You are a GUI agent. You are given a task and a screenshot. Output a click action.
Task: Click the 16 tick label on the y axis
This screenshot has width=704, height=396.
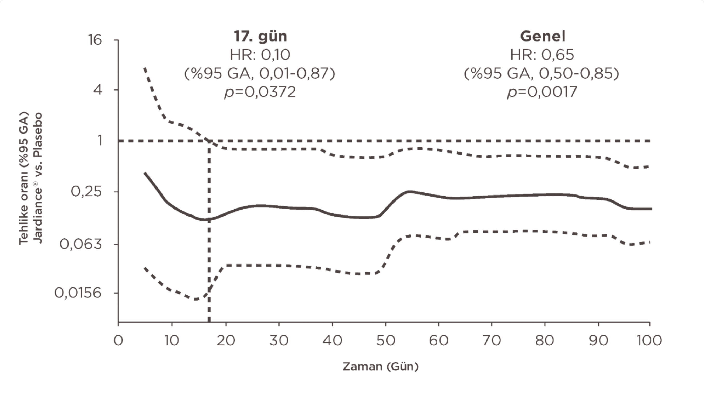point(94,40)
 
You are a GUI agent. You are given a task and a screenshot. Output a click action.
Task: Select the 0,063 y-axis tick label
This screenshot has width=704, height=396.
point(81,244)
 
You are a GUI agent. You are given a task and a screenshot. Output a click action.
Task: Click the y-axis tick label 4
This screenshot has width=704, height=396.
point(98,89)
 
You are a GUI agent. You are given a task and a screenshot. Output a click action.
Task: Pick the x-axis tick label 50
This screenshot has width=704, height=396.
point(385,341)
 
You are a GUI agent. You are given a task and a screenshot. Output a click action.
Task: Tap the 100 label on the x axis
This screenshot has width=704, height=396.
point(649,341)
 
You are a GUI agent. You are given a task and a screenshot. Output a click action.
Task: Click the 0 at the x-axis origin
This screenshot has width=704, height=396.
point(118,341)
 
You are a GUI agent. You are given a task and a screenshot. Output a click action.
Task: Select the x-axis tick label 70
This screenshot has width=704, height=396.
point(492,341)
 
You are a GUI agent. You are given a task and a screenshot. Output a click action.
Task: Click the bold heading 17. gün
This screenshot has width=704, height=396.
point(260,36)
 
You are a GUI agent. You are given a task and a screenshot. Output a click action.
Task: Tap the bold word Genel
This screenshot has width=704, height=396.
point(543,36)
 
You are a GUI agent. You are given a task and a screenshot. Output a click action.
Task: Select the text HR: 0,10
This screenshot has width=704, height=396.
point(260,55)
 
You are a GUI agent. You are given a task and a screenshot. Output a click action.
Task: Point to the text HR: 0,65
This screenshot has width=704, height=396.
point(542,55)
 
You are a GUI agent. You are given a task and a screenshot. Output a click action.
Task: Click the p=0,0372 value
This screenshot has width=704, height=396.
point(260,92)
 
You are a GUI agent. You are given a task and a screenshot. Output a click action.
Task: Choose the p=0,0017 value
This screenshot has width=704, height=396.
point(542,92)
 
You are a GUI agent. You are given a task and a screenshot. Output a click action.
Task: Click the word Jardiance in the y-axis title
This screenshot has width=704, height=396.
point(38,216)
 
